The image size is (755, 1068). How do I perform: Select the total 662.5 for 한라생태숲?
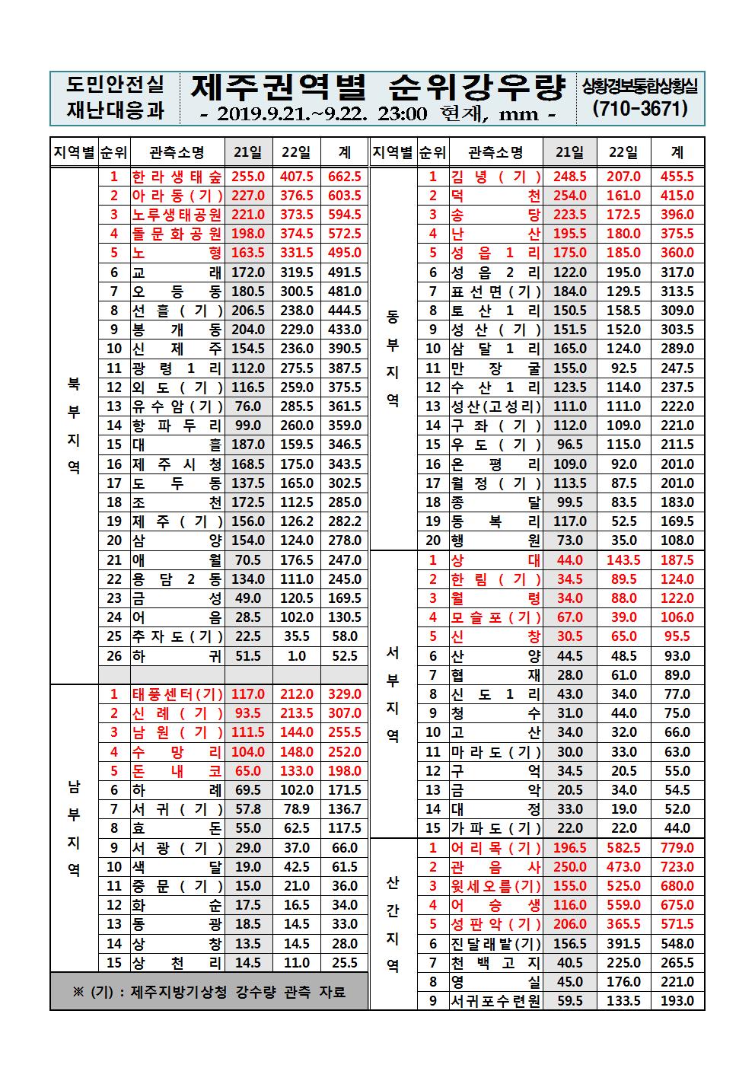[344, 177]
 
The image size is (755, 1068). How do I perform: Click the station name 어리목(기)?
[495, 848]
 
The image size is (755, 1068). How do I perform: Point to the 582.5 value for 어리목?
[623, 848]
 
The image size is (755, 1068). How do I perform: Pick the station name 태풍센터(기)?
[177, 694]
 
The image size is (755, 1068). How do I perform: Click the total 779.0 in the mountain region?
[677, 848]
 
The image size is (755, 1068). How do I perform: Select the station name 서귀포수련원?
[495, 1001]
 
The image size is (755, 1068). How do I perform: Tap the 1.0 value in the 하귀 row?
[297, 656]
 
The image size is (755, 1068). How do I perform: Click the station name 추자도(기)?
[177, 636]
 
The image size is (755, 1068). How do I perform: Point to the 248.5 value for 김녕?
[569, 177]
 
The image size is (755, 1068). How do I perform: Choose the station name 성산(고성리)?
[495, 406]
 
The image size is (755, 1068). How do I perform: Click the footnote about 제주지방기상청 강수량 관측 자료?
[209, 992]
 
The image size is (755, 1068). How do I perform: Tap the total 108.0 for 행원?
[677, 540]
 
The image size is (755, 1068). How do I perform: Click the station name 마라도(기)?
[495, 752]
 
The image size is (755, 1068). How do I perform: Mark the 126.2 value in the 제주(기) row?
[297, 521]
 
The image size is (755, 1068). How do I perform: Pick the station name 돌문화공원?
[177, 234]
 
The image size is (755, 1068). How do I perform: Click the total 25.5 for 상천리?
[344, 962]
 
